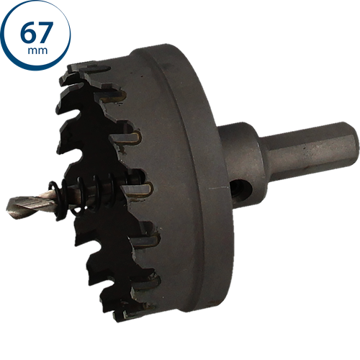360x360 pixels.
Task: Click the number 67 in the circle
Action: pyautogui.click(x=37, y=32)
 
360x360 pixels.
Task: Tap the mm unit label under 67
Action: pyautogui.click(x=37, y=50)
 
